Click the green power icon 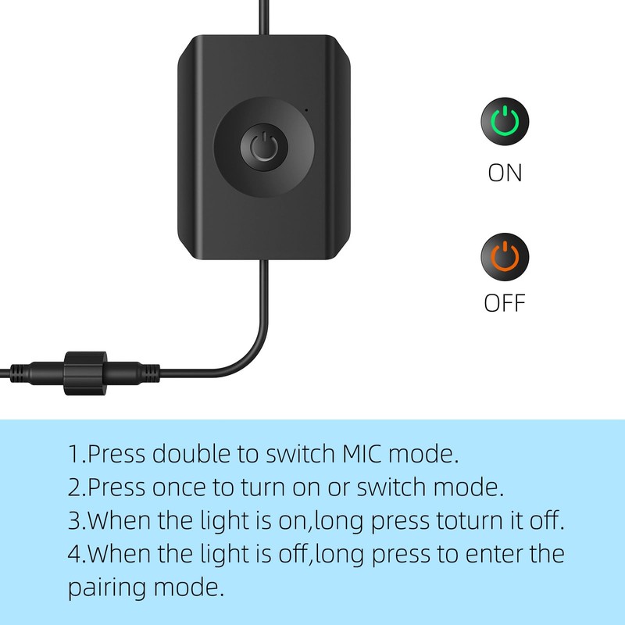[504, 122]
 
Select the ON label [505, 172]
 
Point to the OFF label [505, 302]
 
